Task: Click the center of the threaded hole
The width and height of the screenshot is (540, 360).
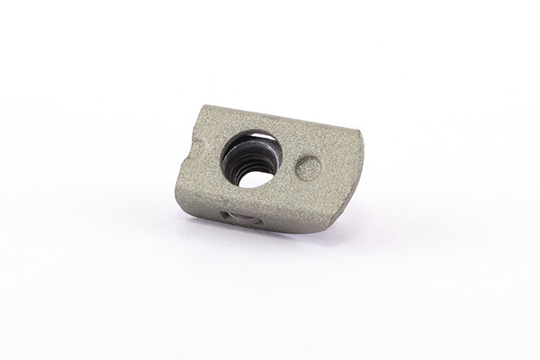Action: pyautogui.click(x=250, y=159)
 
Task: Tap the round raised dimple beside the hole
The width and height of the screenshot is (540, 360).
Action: pyautogui.click(x=309, y=167)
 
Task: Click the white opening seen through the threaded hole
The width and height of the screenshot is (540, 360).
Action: pyautogui.click(x=255, y=175)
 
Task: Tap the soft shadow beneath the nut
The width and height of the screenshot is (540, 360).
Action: pyautogui.click(x=270, y=241)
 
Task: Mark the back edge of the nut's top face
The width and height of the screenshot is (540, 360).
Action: pyautogui.click(x=279, y=117)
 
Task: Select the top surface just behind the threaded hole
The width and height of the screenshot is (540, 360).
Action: pyautogui.click(x=256, y=124)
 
